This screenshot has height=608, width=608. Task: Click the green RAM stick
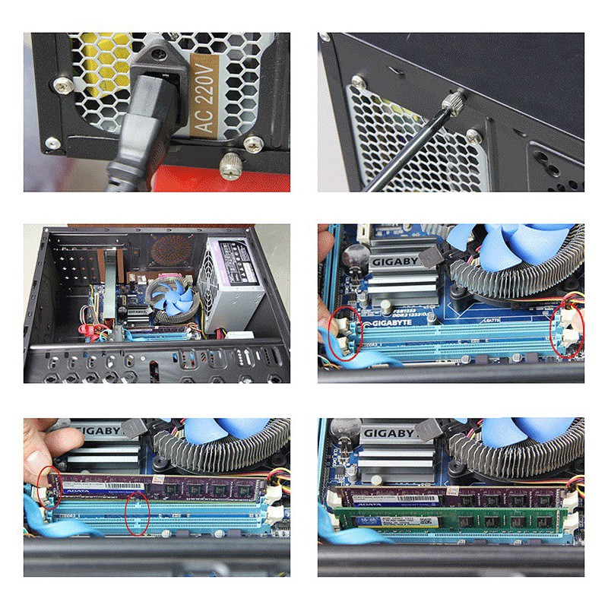pos(448,519)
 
